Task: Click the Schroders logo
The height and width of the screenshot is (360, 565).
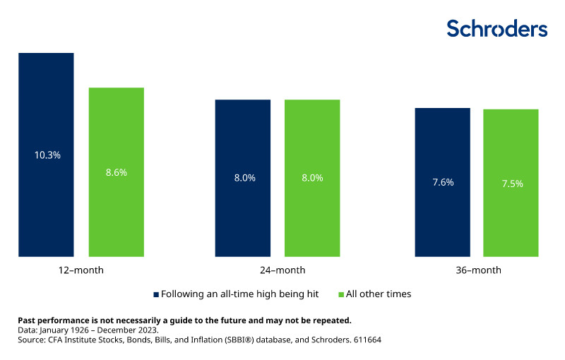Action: [496, 28]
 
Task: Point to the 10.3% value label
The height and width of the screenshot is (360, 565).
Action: [46, 155]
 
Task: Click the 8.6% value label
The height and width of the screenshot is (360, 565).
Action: [116, 172]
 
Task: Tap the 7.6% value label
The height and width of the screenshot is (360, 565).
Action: [442, 182]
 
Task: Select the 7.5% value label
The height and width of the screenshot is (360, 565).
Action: [511, 184]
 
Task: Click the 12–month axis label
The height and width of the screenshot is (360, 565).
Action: [82, 270]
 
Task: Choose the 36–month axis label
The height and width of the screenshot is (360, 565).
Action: [477, 270]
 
